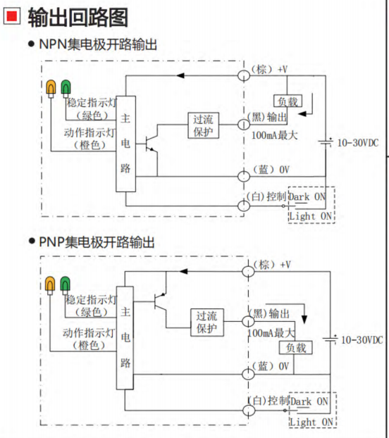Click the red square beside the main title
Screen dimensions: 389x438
[x=12, y=15]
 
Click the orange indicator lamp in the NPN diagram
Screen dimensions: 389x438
[x=51, y=89]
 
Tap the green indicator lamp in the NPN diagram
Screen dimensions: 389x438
[x=66, y=89]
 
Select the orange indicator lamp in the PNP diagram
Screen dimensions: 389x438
[x=50, y=285]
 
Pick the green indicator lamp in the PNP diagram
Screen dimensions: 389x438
[x=65, y=285]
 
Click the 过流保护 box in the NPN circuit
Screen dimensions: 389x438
[x=203, y=125]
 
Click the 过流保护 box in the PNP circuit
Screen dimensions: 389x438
[x=206, y=322]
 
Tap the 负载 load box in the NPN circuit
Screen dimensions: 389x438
[x=288, y=101]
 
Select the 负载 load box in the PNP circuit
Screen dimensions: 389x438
[x=296, y=348]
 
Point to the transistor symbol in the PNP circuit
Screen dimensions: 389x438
[x=160, y=301]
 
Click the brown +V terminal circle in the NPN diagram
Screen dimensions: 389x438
[x=244, y=75]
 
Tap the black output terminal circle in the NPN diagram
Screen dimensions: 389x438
[x=244, y=125]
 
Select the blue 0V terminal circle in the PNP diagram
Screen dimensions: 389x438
[x=248, y=374]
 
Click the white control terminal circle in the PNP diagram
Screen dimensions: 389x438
[x=249, y=411]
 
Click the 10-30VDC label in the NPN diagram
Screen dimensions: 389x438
[x=358, y=143]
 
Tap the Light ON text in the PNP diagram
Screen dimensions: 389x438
[x=311, y=422]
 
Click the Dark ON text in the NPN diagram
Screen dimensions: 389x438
[x=307, y=197]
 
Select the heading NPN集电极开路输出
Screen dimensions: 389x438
[x=98, y=44]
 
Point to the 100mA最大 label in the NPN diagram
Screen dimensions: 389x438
[x=274, y=135]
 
